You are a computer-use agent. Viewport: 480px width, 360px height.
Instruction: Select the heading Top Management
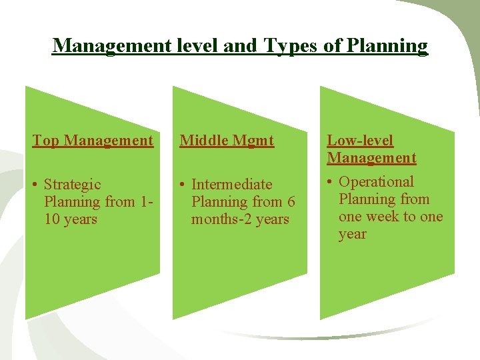[93, 141]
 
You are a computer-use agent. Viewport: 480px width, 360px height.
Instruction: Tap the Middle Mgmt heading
[227, 141]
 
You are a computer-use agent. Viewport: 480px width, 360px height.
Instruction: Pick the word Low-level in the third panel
[360, 141]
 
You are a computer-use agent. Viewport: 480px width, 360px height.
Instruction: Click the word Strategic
[72, 185]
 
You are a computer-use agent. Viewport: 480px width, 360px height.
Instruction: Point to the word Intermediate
[231, 185]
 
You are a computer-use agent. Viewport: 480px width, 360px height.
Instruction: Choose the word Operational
[376, 182]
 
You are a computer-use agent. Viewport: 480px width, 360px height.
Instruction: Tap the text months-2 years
[240, 219]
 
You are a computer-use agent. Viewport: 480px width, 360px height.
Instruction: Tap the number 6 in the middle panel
[291, 202]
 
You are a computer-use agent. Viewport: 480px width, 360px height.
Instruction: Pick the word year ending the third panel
[352, 234]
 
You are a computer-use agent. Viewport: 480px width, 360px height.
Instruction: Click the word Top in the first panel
[46, 141]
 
